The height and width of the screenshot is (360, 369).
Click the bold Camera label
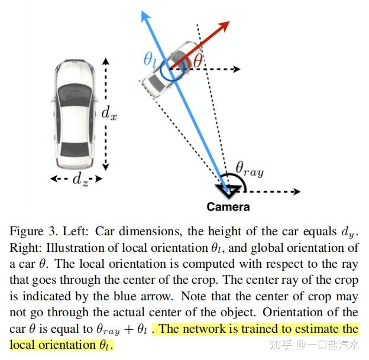point(228,207)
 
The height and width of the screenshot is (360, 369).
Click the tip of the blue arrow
point(142,11)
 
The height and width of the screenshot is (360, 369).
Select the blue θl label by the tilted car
point(150,60)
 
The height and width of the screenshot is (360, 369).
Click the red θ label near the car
point(198,60)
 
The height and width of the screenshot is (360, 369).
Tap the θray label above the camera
point(250,169)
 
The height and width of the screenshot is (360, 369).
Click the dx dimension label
point(109,113)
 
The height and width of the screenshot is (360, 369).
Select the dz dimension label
point(80,179)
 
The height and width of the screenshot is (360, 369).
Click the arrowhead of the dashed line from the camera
point(297,192)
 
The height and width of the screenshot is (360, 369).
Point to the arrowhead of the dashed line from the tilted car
point(237,69)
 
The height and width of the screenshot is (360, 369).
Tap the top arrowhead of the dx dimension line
point(106,61)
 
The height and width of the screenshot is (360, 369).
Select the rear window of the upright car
point(75,149)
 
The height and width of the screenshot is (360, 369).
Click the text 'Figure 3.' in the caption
point(34,232)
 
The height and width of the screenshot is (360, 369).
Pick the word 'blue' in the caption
point(125,296)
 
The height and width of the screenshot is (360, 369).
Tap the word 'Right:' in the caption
point(26,248)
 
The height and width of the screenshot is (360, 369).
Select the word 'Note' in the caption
point(194,296)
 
